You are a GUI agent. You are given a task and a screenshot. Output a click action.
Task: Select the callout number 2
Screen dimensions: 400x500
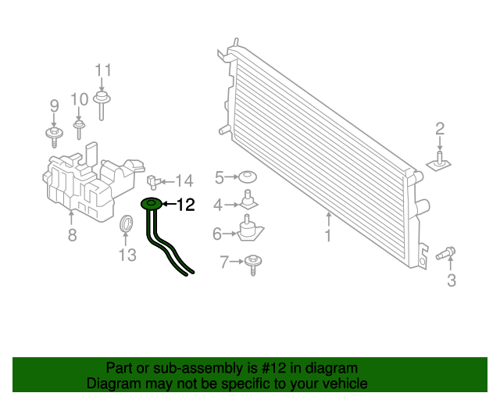(x=440, y=129)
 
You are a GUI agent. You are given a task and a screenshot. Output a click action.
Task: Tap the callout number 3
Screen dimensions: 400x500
(x=451, y=280)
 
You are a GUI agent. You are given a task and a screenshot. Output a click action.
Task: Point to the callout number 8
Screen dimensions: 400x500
(x=72, y=234)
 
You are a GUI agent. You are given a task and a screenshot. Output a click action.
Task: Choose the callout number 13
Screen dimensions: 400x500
(x=127, y=254)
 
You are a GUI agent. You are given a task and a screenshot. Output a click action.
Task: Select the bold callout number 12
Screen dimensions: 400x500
(x=185, y=205)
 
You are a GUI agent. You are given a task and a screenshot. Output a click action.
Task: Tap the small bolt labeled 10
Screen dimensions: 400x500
(x=79, y=124)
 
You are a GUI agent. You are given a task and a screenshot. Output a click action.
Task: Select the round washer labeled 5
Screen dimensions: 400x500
(x=248, y=178)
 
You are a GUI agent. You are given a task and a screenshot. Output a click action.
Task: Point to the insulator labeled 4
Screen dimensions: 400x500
(x=248, y=199)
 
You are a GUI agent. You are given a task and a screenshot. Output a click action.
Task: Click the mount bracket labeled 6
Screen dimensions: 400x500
(x=250, y=229)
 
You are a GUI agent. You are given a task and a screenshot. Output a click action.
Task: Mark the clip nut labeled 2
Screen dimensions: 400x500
(x=440, y=162)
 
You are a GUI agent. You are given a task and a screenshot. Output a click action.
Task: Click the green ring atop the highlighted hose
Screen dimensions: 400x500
(x=151, y=205)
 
